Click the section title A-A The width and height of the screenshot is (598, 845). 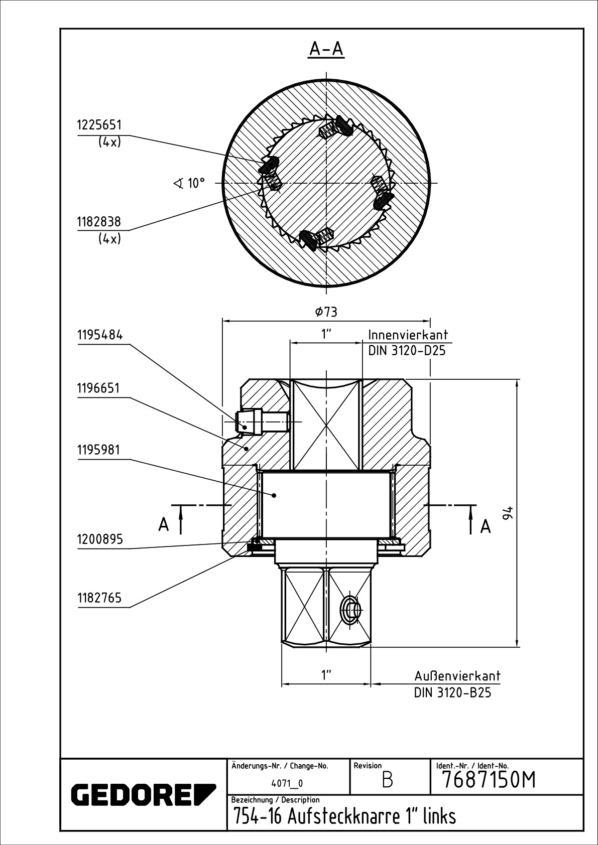326,49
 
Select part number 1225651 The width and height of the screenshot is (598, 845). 99,125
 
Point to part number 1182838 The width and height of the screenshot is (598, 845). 99,222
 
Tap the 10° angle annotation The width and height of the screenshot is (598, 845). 189,183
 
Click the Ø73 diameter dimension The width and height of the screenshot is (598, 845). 326,312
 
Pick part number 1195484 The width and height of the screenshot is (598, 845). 100,335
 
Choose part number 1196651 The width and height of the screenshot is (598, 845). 98,388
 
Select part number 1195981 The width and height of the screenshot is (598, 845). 98,450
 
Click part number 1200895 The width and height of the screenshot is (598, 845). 100,539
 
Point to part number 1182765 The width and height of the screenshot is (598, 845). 99,598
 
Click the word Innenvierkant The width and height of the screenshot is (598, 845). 408,335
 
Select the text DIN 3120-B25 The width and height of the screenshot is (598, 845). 453,693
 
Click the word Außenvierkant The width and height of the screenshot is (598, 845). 457,675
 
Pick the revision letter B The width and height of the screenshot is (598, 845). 387,780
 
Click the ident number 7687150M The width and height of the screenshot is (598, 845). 489,780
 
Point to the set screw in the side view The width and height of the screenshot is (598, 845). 262,421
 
